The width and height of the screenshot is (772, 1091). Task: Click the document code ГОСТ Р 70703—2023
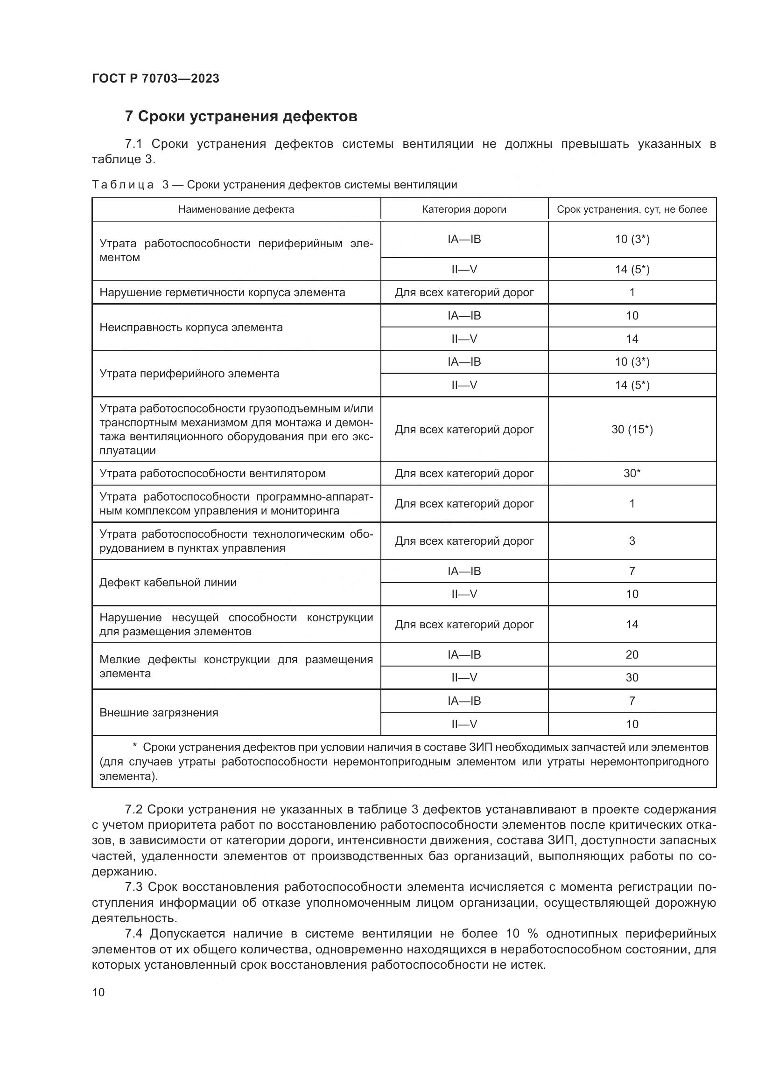(155, 78)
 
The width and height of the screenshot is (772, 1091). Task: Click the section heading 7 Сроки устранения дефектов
(240, 117)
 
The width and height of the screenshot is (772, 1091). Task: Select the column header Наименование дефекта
(236, 209)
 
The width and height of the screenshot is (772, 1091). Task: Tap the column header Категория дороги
(464, 209)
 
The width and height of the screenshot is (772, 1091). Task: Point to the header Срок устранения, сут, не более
(632, 209)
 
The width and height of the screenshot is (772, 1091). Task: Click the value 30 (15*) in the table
(632, 430)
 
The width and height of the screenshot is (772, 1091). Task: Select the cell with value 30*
(632, 473)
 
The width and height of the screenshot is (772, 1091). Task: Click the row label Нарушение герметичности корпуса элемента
(222, 293)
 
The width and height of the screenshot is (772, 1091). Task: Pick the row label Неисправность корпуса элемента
(190, 327)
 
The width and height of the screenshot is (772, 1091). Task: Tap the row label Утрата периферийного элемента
(189, 374)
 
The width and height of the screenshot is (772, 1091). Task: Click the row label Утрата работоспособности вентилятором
(212, 473)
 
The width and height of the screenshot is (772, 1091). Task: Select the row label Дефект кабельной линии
(168, 583)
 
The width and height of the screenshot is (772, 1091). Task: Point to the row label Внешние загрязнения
(159, 713)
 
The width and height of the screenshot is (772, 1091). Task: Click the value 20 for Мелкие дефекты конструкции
(632, 655)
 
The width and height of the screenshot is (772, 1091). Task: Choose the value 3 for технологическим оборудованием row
(632, 541)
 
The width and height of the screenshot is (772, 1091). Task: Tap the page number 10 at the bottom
(98, 992)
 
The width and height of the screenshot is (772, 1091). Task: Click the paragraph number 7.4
(133, 934)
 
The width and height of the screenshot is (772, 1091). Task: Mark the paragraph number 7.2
(133, 809)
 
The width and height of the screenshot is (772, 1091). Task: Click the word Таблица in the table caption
(123, 185)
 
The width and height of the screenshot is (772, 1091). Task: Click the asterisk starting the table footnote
(134, 747)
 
